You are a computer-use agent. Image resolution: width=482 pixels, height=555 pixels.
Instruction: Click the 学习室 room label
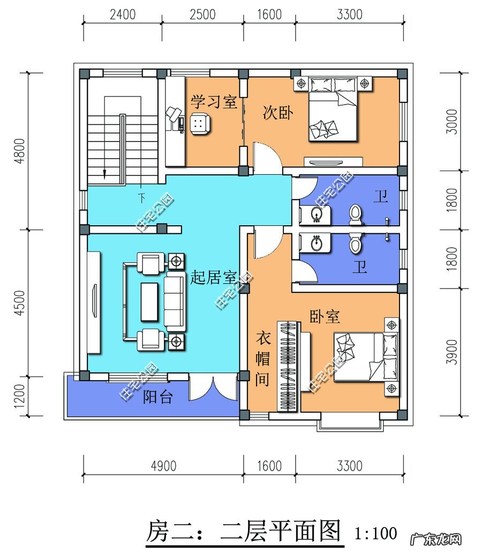pos(214,102)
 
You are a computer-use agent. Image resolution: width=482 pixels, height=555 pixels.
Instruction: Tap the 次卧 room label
pos(277,113)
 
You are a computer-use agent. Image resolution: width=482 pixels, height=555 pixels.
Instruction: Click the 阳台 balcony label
pos(157,397)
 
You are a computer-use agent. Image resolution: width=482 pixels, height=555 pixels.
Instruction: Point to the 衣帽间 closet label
pos(262,359)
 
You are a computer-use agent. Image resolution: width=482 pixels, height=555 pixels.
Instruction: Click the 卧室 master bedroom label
pos(325,316)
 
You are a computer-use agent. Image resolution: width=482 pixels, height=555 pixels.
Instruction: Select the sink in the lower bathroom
pos(316,243)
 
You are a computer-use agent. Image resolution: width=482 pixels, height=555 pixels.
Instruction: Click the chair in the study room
pos(199,123)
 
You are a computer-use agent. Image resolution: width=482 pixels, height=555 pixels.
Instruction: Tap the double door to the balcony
pos(213,389)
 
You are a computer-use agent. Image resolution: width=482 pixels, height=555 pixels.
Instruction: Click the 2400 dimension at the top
pos(123,14)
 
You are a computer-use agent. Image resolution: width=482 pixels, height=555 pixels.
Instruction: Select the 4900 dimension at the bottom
pos(163,465)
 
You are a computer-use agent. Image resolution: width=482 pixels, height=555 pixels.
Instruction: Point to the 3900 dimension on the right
pos(453,352)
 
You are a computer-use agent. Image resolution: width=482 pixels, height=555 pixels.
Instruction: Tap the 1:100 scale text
pos(376,533)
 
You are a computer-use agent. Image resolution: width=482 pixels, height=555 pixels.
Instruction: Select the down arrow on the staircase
pos(105,173)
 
